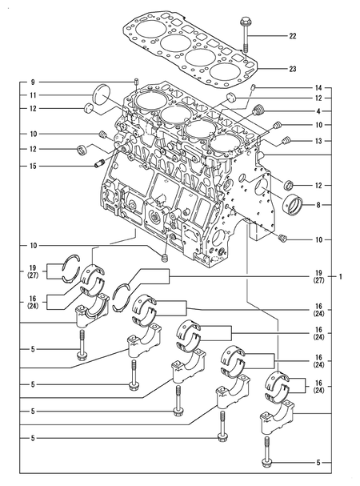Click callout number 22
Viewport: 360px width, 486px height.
point(292,37)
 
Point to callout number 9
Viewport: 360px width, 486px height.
point(33,82)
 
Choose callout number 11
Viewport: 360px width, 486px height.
point(33,95)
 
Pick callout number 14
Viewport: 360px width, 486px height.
point(318,86)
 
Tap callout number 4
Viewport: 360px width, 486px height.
point(318,110)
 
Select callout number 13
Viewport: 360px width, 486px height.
point(318,140)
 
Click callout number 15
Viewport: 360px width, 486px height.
point(33,166)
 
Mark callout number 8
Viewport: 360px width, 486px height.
point(318,205)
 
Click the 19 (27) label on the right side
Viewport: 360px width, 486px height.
point(318,276)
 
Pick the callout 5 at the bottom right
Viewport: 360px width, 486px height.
point(318,463)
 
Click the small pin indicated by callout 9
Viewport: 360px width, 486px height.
point(137,82)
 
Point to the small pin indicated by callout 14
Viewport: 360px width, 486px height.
point(254,86)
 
